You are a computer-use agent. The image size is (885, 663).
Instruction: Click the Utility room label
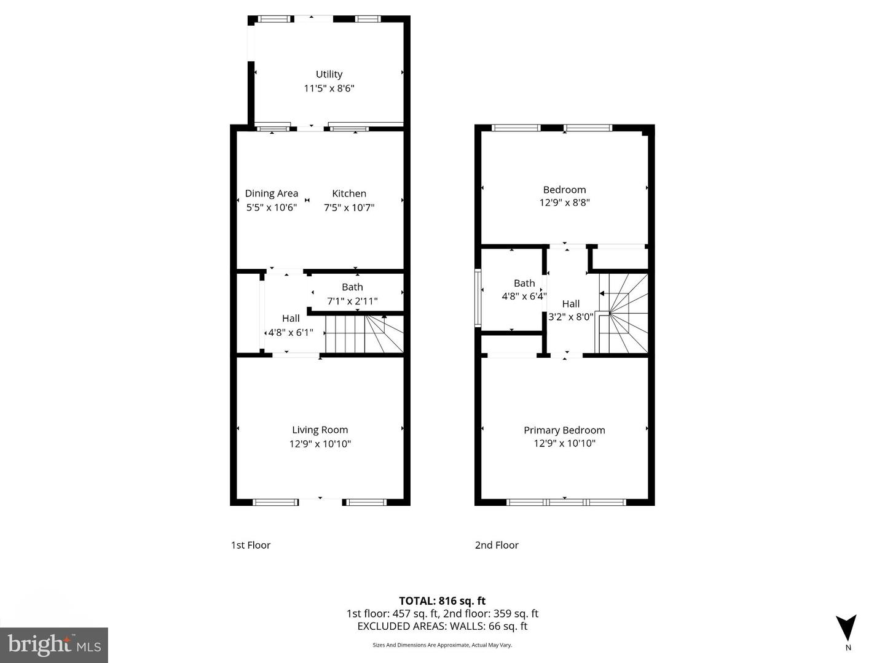[329, 74]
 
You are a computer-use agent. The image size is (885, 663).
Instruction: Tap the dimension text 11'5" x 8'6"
[329, 88]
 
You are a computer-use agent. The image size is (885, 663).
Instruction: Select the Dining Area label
[271, 193]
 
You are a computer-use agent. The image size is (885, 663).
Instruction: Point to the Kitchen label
[349, 193]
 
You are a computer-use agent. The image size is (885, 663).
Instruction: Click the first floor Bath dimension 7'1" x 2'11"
[352, 301]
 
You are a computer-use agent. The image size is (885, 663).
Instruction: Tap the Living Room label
[320, 430]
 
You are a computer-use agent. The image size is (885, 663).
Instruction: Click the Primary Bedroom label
[564, 430]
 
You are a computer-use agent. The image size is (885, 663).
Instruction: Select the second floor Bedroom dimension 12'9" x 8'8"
[564, 203]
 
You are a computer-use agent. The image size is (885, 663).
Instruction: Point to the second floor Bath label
[524, 283]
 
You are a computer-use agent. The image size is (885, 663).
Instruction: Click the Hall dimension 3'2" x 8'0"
[570, 317]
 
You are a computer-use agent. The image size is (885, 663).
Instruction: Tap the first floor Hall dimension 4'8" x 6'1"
[291, 333]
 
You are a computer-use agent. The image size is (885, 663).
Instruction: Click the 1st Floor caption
[251, 545]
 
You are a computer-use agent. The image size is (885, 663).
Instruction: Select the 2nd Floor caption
[497, 545]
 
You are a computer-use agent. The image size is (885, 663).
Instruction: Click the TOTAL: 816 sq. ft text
[442, 601]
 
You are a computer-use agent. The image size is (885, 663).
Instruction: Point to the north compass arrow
[846, 628]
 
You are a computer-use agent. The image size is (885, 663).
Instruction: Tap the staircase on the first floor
[363, 334]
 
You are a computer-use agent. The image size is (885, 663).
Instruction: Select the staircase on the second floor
[624, 313]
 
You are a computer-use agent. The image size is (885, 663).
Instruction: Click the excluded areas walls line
[442, 626]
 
